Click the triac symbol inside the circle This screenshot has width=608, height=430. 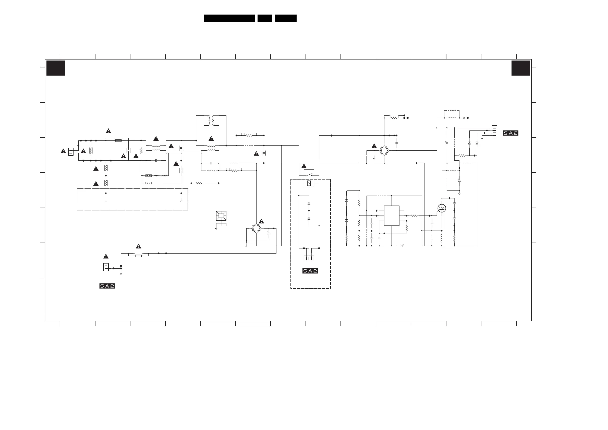click(442, 208)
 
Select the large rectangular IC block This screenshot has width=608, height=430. click(391, 216)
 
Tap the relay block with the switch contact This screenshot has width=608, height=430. click(309, 178)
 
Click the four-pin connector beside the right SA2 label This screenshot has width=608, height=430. click(494, 132)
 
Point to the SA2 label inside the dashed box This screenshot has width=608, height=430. click(310, 271)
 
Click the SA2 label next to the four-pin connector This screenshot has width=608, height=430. click(510, 133)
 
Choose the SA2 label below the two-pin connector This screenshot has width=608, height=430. click(107, 286)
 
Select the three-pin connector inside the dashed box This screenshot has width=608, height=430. click(309, 258)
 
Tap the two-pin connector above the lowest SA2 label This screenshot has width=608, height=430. click(106, 267)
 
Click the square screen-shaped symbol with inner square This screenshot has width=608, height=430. click(221, 216)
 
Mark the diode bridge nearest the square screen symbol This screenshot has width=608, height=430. click(256, 228)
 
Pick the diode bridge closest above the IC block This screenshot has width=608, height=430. click(384, 150)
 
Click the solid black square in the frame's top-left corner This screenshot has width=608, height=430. click(56, 68)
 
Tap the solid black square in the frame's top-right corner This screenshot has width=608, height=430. click(520, 68)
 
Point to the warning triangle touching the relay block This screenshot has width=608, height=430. click(304, 166)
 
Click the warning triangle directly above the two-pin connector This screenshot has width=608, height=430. click(106, 256)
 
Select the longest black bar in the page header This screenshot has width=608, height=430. click(229, 18)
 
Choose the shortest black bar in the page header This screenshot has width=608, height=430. click(264, 18)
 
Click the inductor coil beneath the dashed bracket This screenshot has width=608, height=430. click(452, 118)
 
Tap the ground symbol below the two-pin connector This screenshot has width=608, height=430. click(121, 274)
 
